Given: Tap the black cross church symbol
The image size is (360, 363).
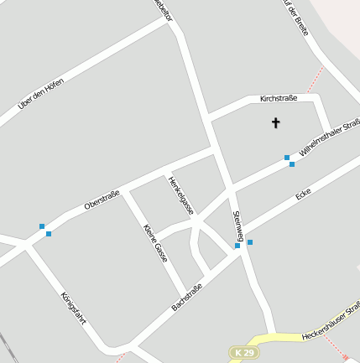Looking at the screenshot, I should pyautogui.click(x=276, y=123).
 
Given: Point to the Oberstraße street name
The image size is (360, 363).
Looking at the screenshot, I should pyautogui.click(x=102, y=200).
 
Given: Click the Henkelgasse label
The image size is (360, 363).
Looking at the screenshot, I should pyautogui.click(x=180, y=195).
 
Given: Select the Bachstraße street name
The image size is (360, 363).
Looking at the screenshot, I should pyautogui.click(x=186, y=297).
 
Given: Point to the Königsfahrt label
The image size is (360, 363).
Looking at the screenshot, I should pyautogui.click(x=74, y=309).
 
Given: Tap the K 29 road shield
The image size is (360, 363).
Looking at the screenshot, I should pyautogui.click(x=243, y=354).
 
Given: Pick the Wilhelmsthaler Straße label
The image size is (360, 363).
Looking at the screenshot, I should pyautogui.click(x=328, y=139).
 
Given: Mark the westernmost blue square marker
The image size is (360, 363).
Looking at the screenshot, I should pyautogui.click(x=42, y=226).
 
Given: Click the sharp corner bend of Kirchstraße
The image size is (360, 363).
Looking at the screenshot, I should pyautogui.click(x=319, y=98).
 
